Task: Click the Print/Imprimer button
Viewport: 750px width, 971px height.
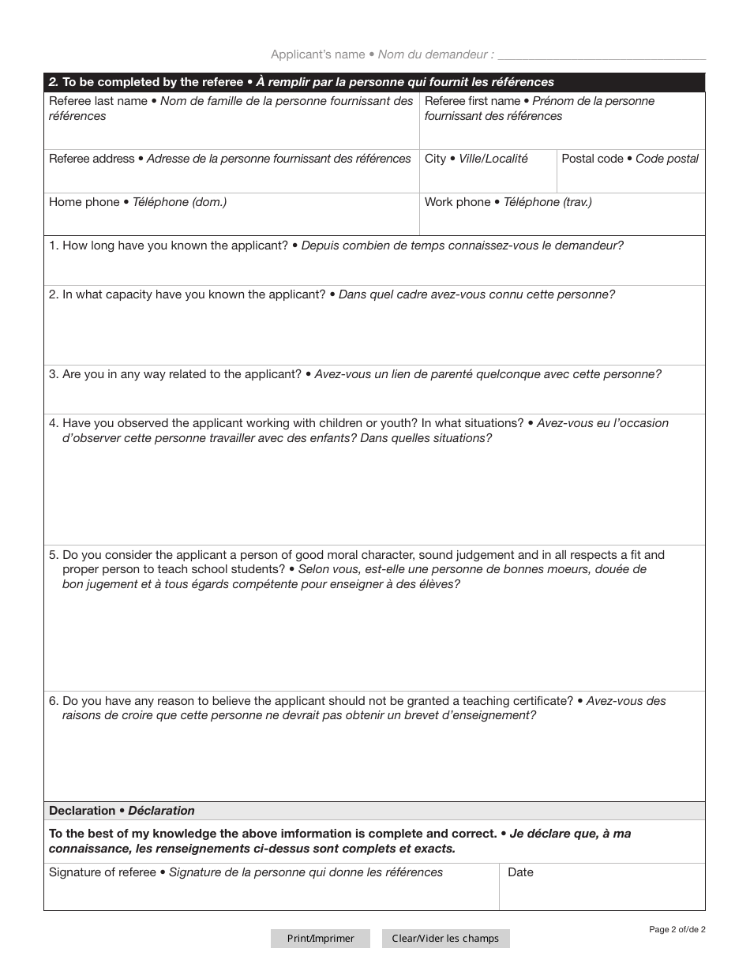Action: (x=321, y=939)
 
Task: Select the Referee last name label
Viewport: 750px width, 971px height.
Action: (x=98, y=101)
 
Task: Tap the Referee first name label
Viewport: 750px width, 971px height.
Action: (x=472, y=101)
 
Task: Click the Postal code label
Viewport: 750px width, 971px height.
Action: (x=592, y=159)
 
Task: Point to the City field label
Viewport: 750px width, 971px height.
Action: (x=435, y=159)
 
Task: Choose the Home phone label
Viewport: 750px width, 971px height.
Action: (x=84, y=202)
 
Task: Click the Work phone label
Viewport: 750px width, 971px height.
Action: (x=457, y=202)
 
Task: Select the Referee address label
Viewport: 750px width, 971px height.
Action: (x=92, y=159)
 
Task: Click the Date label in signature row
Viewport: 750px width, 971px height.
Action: (x=520, y=872)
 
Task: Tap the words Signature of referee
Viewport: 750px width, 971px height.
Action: (x=103, y=872)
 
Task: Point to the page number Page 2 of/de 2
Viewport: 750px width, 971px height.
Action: (x=677, y=929)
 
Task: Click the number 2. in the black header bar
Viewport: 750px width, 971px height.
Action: (x=53, y=82)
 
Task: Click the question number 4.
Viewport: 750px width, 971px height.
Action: (x=53, y=423)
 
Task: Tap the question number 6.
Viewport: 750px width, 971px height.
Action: (x=53, y=701)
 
